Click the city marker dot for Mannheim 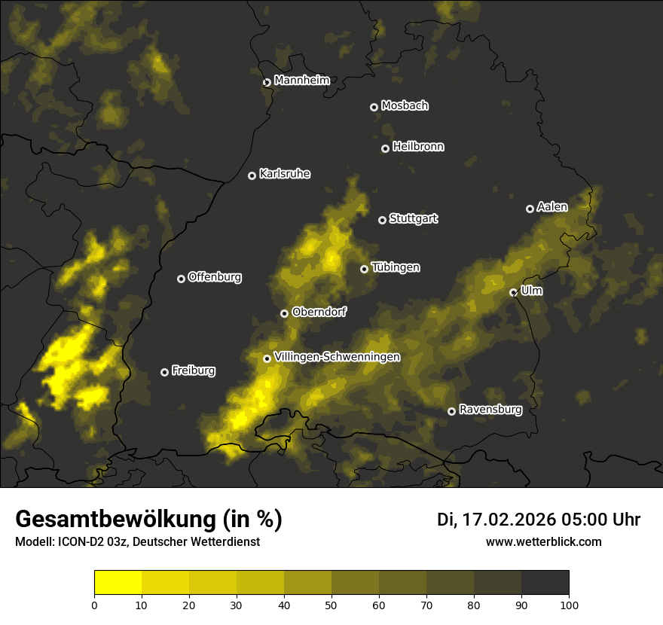click(x=267, y=83)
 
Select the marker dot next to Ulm click(x=514, y=292)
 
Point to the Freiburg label click(x=194, y=370)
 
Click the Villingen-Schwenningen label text click(x=338, y=357)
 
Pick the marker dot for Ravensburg click(x=452, y=411)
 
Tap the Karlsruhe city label click(x=285, y=174)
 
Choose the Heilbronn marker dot click(x=385, y=149)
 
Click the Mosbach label click(x=405, y=106)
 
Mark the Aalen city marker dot click(x=530, y=209)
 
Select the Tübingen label click(x=396, y=267)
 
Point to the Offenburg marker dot click(x=181, y=279)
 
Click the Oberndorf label click(x=319, y=312)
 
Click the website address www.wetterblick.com click(x=544, y=541)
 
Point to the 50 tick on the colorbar click(x=331, y=604)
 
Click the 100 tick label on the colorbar click(x=569, y=604)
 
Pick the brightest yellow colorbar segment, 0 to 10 click(x=118, y=583)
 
